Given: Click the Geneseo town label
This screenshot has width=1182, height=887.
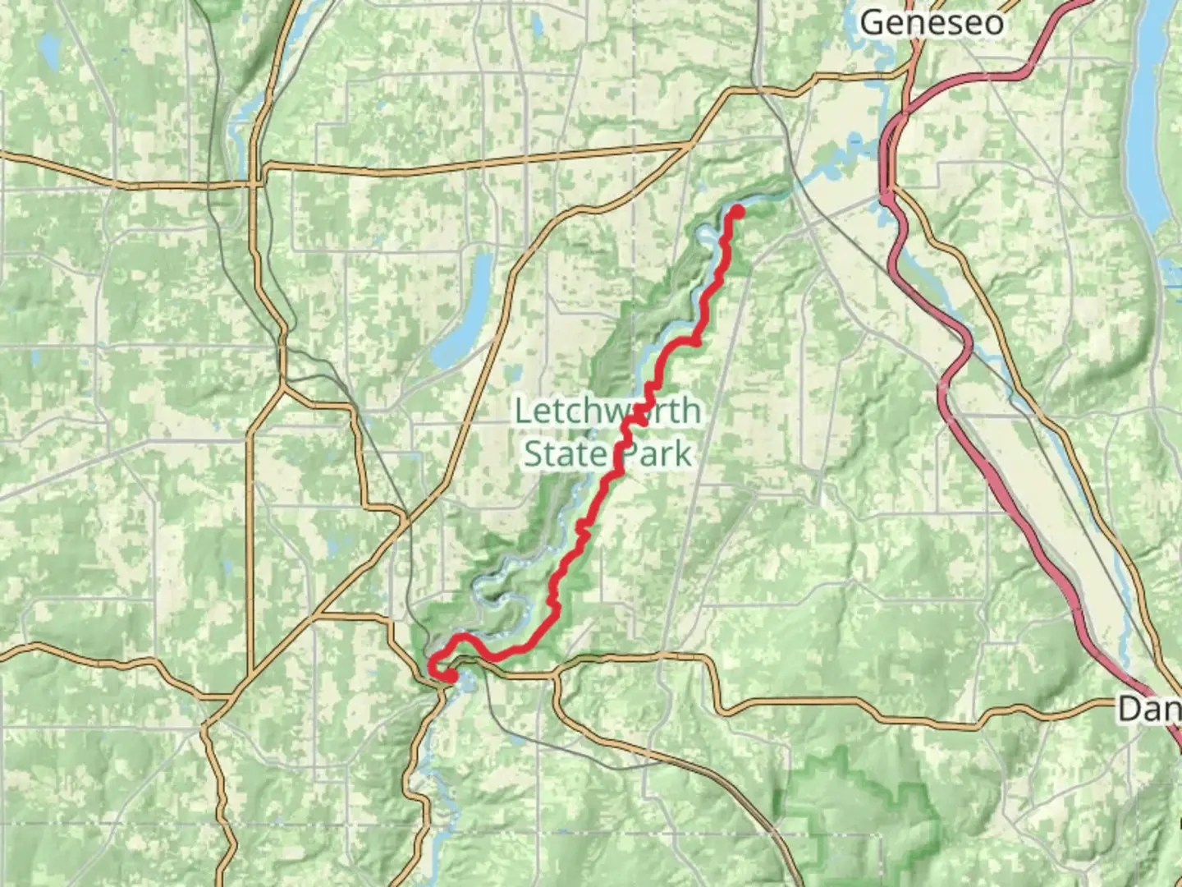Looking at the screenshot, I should [x=931, y=22].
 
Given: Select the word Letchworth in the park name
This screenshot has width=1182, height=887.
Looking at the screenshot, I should [x=607, y=411].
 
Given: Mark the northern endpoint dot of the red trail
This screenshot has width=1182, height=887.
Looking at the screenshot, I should [x=737, y=212].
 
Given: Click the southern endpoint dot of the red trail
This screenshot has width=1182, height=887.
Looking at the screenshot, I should [x=451, y=675].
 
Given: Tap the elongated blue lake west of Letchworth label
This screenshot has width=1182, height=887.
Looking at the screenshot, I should [x=464, y=312].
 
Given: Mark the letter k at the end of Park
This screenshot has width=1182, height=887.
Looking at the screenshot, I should [x=682, y=453].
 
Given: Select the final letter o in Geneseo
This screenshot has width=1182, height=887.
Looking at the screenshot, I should [x=992, y=24].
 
